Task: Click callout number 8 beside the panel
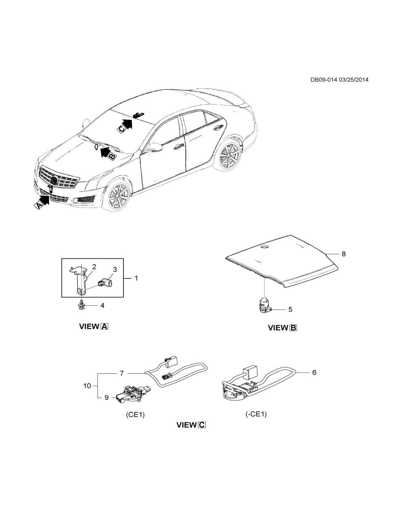pos(343,254)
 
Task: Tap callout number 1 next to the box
pos(136,278)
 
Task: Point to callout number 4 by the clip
pos(102,305)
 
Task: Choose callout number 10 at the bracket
pos(87,385)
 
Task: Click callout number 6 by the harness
pos(314,372)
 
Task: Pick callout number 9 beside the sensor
pos(106,397)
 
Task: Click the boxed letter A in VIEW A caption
pos(104,327)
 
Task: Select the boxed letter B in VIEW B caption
pos(293,328)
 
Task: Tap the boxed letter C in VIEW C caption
pos(202,425)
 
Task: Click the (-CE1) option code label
pos(256,414)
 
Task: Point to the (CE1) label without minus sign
pos(135,414)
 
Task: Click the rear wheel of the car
pos(229,155)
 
